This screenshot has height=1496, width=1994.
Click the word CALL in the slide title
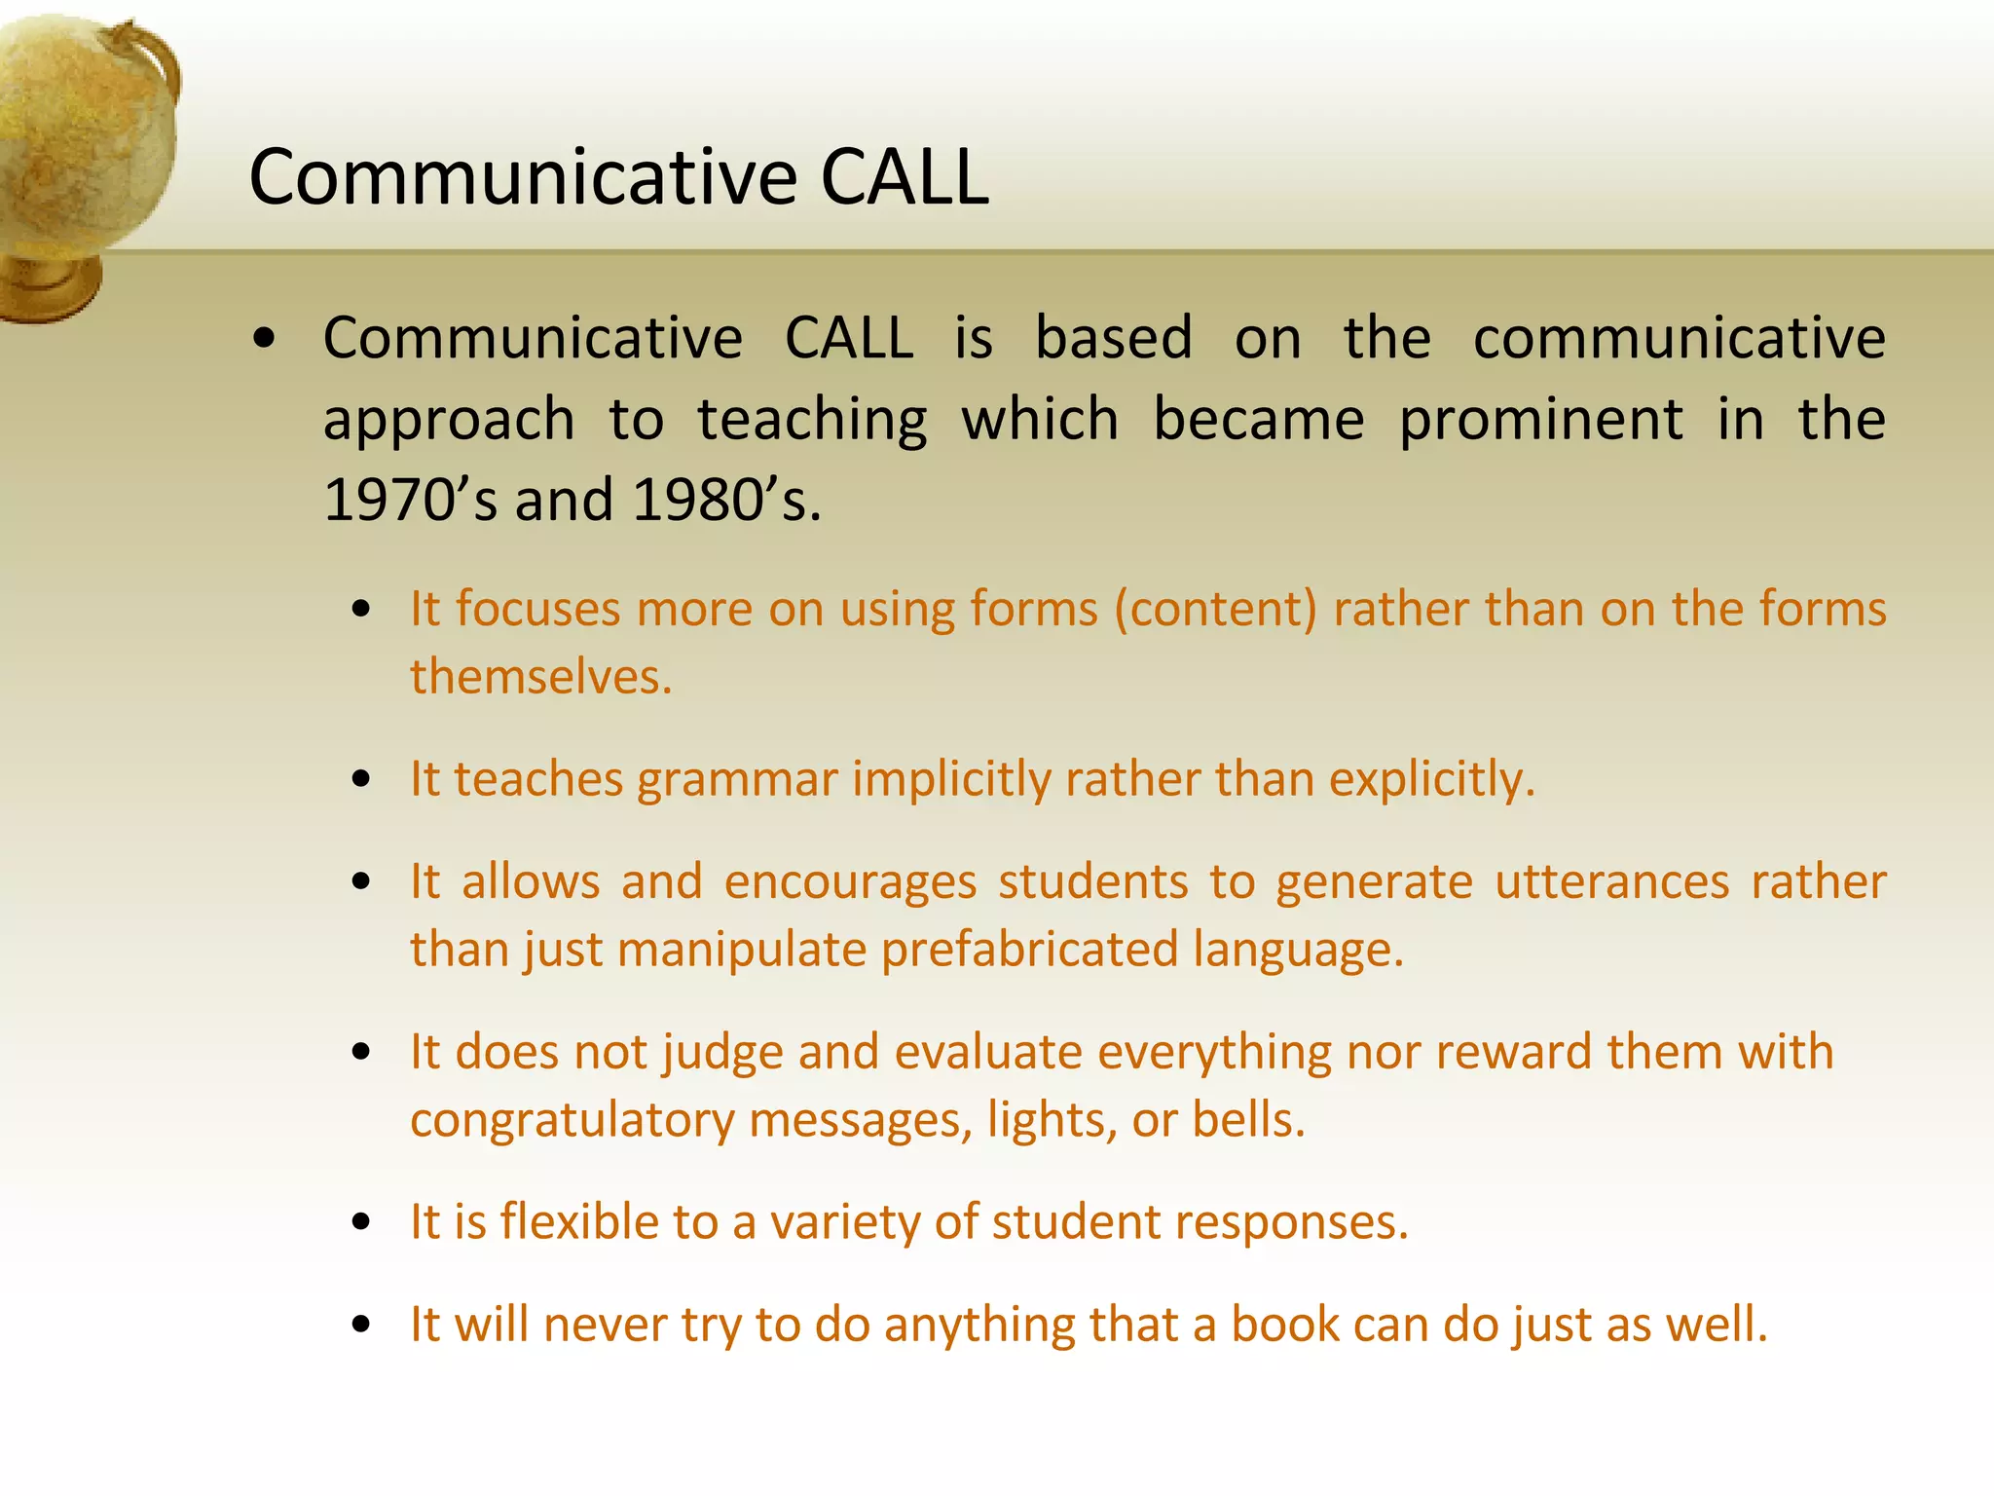point(905,178)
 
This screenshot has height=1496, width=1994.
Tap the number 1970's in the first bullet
point(409,501)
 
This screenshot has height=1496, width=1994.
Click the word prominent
point(1540,421)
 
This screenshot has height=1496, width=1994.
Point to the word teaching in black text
point(812,421)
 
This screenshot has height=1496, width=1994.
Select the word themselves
point(539,677)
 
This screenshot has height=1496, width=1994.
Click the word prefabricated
point(1029,950)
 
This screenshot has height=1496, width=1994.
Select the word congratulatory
point(572,1120)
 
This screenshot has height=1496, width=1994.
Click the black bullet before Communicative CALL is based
point(264,340)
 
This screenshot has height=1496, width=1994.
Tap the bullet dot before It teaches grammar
point(362,780)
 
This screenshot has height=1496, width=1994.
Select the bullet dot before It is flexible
point(362,1222)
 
